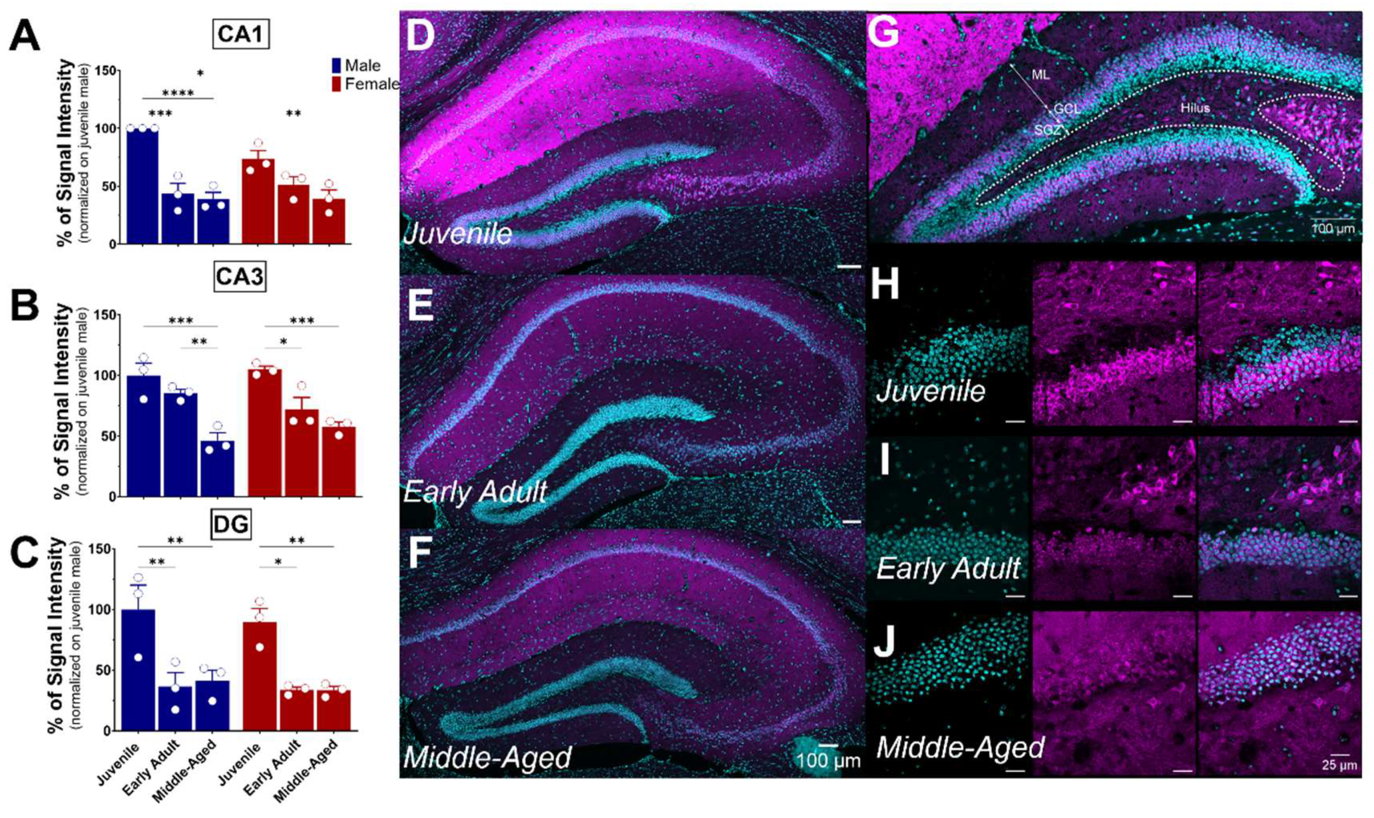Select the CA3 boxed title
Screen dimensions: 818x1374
click(x=239, y=277)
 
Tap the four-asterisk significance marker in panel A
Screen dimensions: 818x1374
click(x=178, y=93)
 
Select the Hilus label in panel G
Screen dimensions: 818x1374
click(x=1195, y=108)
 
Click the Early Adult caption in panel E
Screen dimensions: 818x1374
click(x=475, y=491)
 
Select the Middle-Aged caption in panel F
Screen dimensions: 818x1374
click(x=487, y=758)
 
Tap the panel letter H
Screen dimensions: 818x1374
click(x=885, y=285)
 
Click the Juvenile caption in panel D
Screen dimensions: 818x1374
click(x=457, y=234)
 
